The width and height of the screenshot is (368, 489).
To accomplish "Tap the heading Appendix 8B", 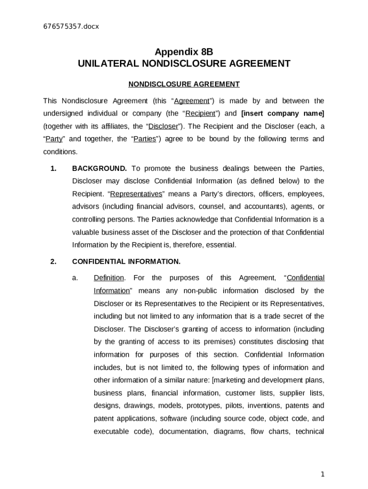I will coord(184,52).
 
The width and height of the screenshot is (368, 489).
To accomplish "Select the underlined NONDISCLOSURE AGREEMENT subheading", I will coord(184,85).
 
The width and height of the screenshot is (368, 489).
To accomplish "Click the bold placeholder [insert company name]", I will coord(282,114).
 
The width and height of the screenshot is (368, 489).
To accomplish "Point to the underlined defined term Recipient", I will coord(200,114).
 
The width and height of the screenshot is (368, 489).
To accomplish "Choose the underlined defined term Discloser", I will coord(163,127).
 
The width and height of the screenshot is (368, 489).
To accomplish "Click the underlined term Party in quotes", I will coord(54,139).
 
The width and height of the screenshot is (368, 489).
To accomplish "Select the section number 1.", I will coord(54,168).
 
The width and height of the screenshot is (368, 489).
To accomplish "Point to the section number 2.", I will coord(54,262).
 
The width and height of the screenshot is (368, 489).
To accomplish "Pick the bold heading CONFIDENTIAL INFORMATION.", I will coord(126,262).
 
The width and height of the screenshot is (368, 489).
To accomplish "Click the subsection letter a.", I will coord(75,278).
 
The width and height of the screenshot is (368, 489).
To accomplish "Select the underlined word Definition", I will coord(109,278).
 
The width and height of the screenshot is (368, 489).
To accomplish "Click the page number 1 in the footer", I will coord(323,474).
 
